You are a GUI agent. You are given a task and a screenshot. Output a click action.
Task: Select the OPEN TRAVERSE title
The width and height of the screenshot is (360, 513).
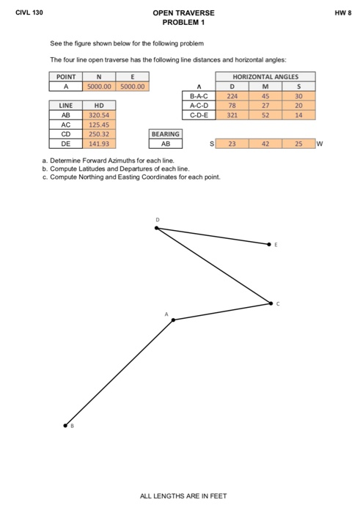pos(183,13)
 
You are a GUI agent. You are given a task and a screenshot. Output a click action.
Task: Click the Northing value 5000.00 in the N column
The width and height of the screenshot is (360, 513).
pos(98,86)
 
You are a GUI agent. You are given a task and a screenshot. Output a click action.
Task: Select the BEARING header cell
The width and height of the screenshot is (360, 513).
pos(165,134)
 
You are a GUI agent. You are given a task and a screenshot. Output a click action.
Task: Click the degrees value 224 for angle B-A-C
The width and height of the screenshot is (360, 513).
pos(230,95)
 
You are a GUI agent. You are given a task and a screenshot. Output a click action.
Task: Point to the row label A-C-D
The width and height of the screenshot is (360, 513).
pos(199,105)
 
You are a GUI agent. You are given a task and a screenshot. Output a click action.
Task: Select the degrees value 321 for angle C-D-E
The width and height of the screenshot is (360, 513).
pos(230,115)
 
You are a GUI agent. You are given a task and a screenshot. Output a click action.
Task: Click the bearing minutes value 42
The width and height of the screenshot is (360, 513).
pos(265,144)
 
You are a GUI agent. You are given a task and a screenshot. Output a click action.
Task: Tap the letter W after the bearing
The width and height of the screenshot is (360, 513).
pos(320,144)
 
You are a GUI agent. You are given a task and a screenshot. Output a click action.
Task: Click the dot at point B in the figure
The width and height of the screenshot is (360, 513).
pos(65,424)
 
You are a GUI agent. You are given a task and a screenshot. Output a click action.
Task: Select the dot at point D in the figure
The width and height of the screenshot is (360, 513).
pos(156,228)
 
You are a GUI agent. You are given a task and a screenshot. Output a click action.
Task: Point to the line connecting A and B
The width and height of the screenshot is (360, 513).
pos(119,372)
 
